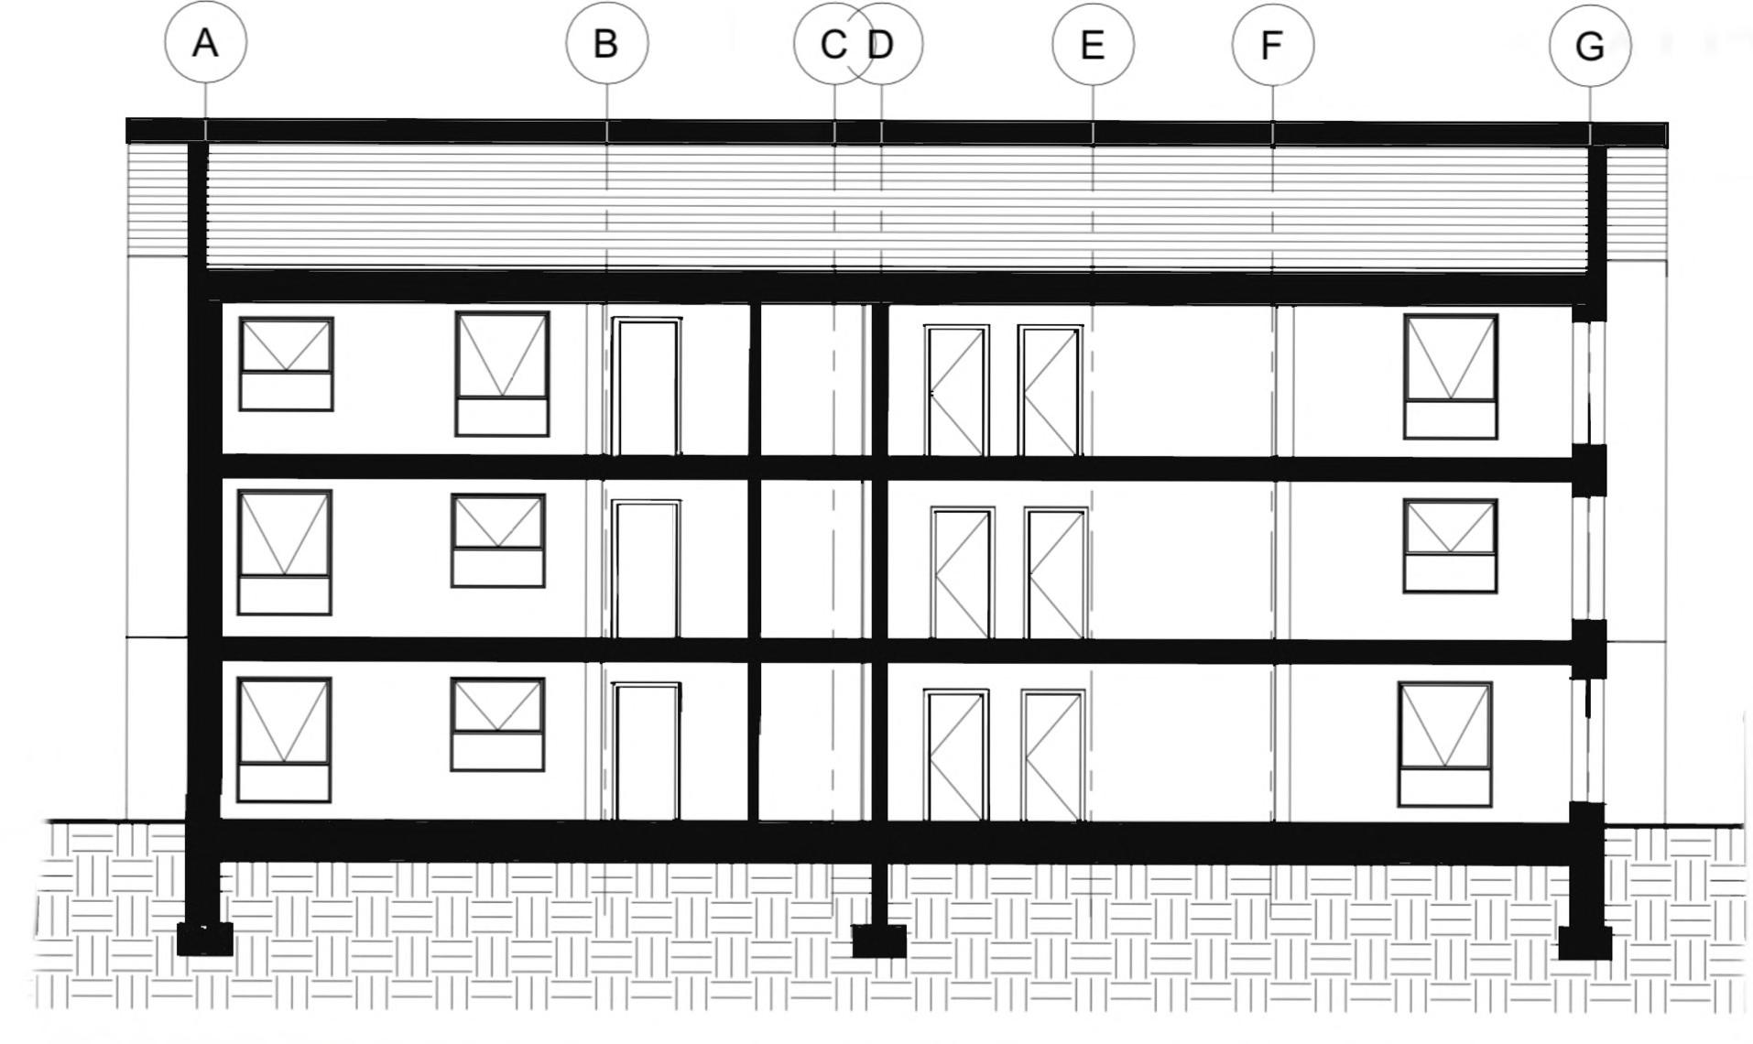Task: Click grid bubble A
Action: tap(205, 43)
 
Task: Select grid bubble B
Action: tap(606, 44)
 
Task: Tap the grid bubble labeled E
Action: tap(1093, 45)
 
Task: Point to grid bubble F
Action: tap(1272, 45)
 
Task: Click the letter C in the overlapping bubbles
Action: tap(832, 45)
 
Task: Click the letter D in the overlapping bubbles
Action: tap(881, 45)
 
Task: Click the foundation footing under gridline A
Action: tap(204, 939)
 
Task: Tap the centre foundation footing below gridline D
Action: tap(879, 941)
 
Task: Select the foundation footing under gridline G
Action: tap(1584, 942)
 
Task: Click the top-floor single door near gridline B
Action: tap(647, 386)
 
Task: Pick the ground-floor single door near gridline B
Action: tap(647, 751)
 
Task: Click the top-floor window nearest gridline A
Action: tap(286, 364)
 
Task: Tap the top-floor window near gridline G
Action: tap(1451, 376)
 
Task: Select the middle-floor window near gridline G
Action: tap(1451, 546)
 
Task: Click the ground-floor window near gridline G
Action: tap(1445, 744)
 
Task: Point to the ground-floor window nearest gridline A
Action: tap(284, 740)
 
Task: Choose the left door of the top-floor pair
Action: tap(956, 390)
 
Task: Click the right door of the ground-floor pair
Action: tap(1052, 756)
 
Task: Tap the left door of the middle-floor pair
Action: tap(962, 573)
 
